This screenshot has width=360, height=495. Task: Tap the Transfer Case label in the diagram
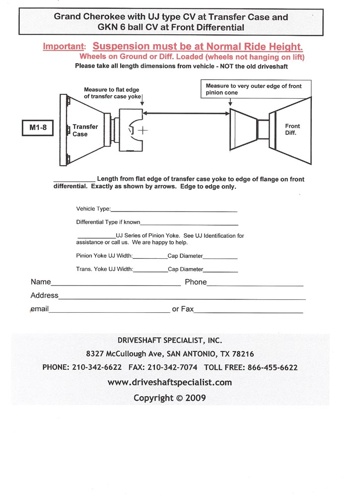point(85,131)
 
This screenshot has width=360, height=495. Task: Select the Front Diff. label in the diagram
point(292,130)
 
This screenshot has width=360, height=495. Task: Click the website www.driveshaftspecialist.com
point(169,382)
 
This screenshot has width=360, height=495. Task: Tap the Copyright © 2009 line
point(169,398)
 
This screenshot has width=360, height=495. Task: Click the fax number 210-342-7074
point(172,368)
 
